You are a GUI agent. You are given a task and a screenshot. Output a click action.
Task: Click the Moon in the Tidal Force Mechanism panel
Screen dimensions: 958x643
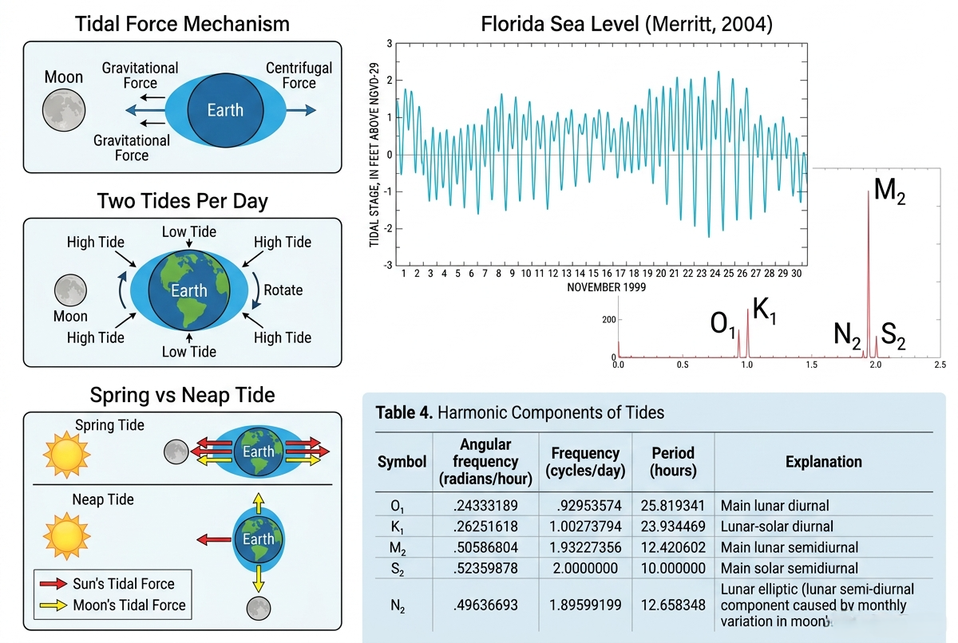click(64, 110)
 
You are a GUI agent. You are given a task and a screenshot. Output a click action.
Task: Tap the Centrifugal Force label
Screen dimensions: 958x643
click(299, 75)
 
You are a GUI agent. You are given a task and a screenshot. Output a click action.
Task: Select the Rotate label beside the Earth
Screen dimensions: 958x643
click(283, 290)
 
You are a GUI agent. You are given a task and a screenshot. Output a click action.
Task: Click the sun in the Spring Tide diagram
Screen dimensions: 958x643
click(67, 454)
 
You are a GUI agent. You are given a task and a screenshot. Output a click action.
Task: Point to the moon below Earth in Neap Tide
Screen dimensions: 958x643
click(259, 608)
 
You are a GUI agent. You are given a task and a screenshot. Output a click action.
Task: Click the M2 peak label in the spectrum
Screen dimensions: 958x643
click(889, 191)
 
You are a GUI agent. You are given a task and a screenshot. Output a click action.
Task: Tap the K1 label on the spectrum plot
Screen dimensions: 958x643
click(764, 310)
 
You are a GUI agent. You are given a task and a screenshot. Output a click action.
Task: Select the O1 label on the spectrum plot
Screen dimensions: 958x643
click(722, 324)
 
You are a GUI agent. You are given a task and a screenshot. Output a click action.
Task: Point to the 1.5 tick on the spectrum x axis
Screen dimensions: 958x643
click(811, 365)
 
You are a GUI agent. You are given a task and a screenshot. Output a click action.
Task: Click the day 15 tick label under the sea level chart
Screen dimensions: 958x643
click(593, 274)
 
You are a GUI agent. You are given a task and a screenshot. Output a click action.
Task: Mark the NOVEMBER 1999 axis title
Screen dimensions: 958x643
click(607, 287)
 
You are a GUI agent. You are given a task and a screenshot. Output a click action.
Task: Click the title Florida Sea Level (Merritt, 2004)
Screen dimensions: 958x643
click(627, 24)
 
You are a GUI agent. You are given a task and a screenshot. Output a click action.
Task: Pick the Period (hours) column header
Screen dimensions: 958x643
click(673, 462)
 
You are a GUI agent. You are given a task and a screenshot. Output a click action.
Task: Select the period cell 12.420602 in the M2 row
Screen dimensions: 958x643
click(673, 547)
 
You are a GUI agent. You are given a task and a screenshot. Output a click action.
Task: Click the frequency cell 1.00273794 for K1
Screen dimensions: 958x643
click(585, 527)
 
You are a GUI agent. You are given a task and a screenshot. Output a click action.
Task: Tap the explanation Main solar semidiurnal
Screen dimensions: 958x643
click(790, 568)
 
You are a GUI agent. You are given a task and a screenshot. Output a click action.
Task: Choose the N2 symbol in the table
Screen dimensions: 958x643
click(398, 606)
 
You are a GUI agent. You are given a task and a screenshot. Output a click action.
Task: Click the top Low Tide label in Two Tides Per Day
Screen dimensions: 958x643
click(189, 232)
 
